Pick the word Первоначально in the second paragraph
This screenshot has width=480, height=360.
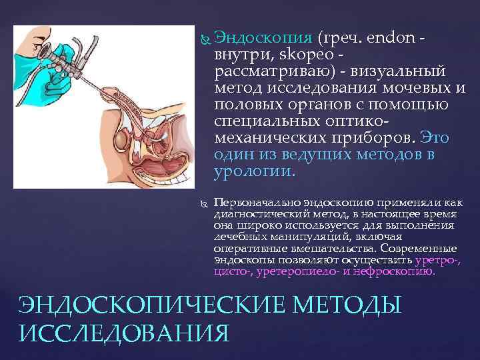pyautogui.click(x=257, y=201)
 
